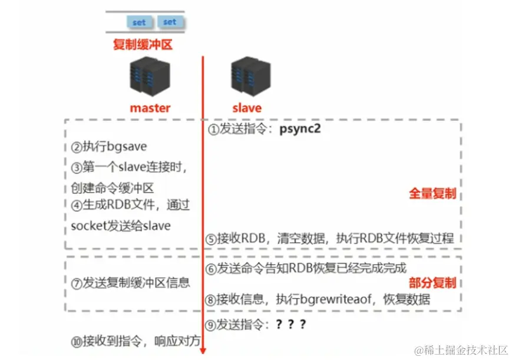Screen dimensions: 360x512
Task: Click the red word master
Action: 150,108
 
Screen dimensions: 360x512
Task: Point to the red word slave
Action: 246,108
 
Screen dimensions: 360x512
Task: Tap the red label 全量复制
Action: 432,193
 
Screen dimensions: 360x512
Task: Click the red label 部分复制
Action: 432,283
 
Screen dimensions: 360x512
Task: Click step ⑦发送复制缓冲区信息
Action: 130,283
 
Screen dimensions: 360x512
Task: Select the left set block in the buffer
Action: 139,22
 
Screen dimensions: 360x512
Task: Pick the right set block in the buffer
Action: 170,22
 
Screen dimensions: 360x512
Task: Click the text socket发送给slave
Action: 120,226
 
